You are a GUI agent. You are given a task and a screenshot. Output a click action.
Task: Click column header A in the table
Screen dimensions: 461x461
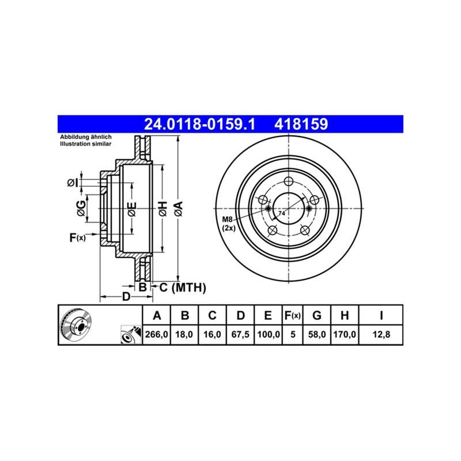click(156, 315)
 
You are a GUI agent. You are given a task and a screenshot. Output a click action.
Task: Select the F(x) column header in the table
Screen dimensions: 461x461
click(292, 315)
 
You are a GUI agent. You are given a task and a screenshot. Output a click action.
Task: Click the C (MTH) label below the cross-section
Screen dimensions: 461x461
click(182, 287)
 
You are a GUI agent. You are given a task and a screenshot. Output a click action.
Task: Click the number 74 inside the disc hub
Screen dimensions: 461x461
click(282, 214)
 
